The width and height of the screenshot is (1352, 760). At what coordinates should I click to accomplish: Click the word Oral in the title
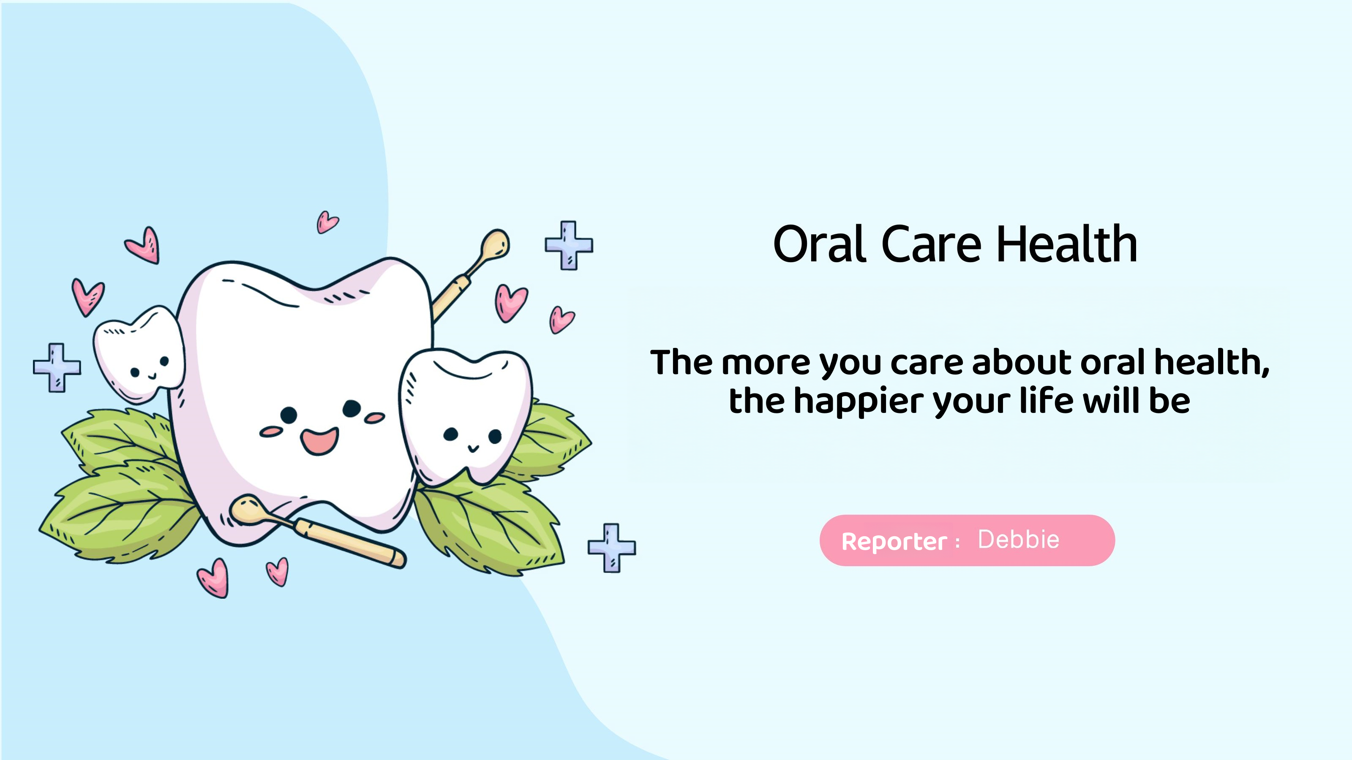819,244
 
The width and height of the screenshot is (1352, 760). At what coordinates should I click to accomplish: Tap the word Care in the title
932,244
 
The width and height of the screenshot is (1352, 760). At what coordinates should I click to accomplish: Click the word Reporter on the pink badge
894,542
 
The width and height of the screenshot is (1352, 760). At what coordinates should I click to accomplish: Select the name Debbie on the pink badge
1019,540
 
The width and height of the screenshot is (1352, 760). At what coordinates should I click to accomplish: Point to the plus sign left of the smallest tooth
57,368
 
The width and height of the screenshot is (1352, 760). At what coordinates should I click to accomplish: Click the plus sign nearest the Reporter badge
612,548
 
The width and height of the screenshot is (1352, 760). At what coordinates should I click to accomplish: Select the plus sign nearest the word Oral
569,245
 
